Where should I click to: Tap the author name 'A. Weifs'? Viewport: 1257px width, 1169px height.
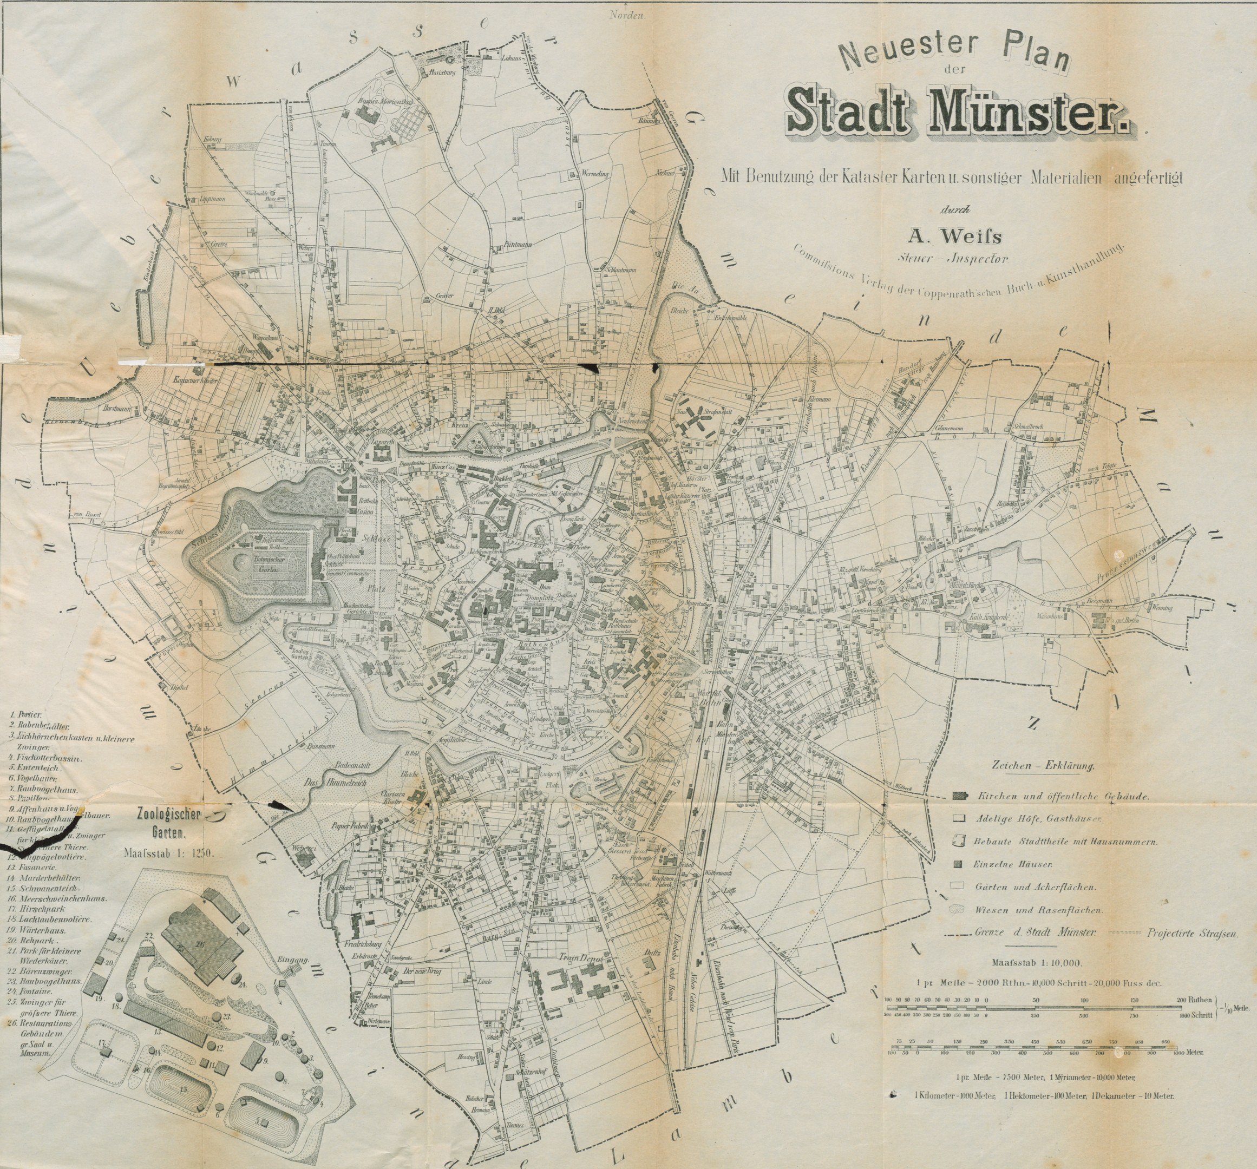tap(955, 237)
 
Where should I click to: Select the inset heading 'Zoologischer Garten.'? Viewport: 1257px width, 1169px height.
tap(168, 821)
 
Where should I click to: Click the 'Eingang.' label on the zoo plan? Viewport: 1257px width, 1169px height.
tap(293, 959)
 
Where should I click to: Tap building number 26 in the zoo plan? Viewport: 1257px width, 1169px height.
tap(200, 943)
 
